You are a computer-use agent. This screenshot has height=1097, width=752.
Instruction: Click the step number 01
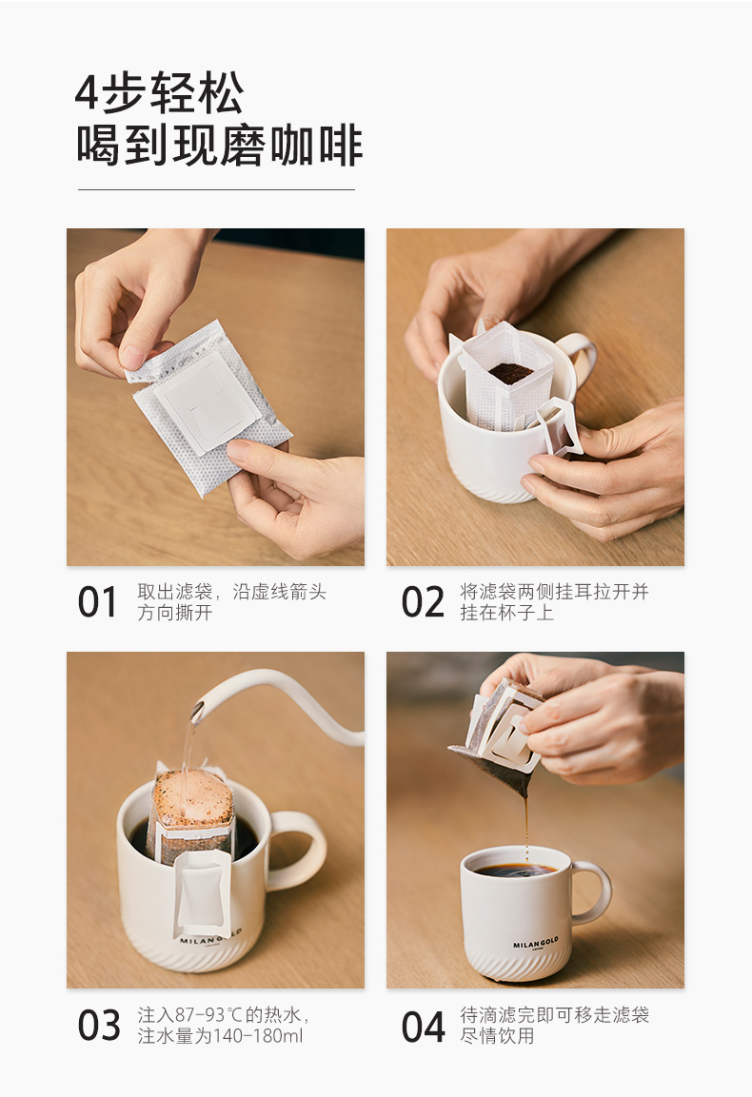[x=97, y=602]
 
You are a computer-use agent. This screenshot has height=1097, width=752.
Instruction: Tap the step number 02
[x=423, y=602]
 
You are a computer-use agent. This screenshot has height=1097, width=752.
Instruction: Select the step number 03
[x=99, y=1026]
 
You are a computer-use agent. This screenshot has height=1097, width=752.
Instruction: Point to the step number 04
[x=423, y=1027]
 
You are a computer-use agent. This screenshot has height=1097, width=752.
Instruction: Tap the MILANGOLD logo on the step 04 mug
[x=536, y=945]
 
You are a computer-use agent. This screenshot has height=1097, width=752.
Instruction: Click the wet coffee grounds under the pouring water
[x=194, y=797]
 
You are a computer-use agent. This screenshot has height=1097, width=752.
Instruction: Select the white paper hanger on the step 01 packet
[x=208, y=402]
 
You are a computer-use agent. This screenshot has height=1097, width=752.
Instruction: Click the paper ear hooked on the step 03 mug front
[x=201, y=893]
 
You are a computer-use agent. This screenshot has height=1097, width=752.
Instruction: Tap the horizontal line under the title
[x=216, y=189]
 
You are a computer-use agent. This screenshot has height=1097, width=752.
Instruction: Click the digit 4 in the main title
[x=88, y=93]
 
